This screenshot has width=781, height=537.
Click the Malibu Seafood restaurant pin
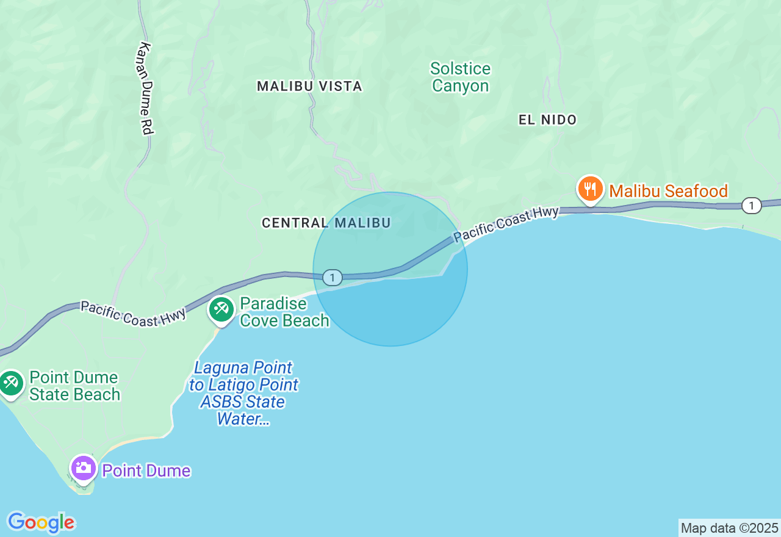[590, 189]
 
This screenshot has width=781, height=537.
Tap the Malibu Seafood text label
[668, 192]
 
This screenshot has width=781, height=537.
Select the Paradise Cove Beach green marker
[221, 310]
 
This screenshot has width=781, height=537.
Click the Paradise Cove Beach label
[284, 312]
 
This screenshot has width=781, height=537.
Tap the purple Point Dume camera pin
[83, 469]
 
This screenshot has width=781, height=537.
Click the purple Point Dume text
[146, 471]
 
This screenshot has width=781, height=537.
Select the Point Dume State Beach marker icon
[10, 383]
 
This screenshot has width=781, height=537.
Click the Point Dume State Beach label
[74, 386]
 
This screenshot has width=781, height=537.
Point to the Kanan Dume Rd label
[146, 88]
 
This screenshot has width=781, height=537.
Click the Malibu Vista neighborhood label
[309, 86]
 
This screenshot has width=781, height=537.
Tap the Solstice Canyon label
[460, 77]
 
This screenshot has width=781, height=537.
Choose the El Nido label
[547, 120]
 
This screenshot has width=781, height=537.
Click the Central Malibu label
[326, 223]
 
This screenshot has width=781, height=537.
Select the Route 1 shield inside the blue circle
[332, 278]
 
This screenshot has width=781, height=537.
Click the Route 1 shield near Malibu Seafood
[751, 206]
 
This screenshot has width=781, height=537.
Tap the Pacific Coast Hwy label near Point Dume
[133, 314]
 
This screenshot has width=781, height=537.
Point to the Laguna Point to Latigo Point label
[243, 393]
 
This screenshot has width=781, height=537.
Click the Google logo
[41, 522]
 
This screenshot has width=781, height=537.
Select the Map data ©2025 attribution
[729, 528]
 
